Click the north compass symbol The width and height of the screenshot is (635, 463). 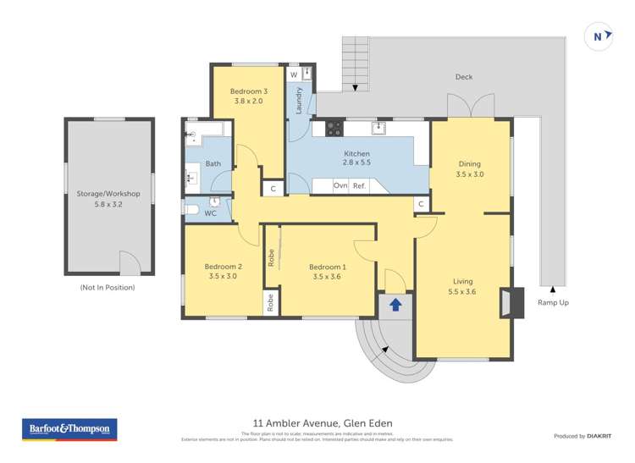(x=599, y=36)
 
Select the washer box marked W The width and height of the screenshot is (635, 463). (x=294, y=75)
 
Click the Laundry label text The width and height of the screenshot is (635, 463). (x=299, y=101)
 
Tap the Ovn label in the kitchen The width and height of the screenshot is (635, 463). (x=340, y=185)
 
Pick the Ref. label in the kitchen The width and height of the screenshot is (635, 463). (x=359, y=185)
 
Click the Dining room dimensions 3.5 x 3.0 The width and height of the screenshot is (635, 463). (x=470, y=174)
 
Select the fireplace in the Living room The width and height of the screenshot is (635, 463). (x=511, y=302)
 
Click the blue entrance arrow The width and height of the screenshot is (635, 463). (x=395, y=303)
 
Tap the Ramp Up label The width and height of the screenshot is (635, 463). (x=553, y=302)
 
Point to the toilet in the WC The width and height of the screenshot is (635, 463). (x=192, y=207)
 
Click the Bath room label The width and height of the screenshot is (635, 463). (x=213, y=163)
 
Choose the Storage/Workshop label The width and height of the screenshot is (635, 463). (x=109, y=194)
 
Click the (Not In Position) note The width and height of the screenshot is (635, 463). (x=108, y=288)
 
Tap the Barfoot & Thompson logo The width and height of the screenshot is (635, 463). (x=69, y=429)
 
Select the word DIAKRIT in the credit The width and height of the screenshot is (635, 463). (x=601, y=436)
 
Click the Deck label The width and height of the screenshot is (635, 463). (x=463, y=77)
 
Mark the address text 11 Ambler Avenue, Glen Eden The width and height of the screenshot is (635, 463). (x=323, y=423)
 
